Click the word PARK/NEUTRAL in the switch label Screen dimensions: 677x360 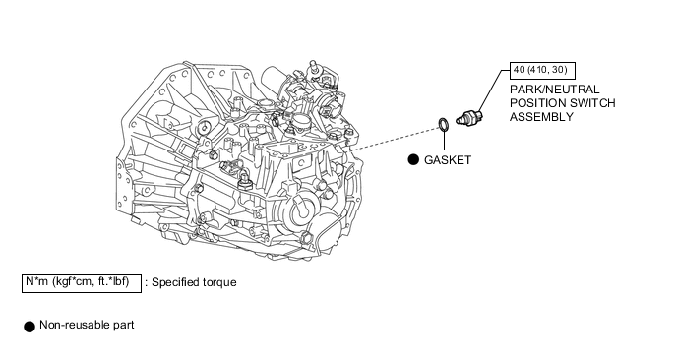tap(554, 90)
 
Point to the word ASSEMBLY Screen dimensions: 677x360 tap(541, 117)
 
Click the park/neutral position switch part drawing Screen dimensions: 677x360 tap(469, 117)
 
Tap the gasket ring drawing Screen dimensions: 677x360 tap(444, 124)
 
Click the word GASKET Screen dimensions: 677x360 tap(448, 160)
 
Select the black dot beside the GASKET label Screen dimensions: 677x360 tap(413, 159)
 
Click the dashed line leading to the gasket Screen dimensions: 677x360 tap(395, 138)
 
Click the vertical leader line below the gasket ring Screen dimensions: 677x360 tap(444, 140)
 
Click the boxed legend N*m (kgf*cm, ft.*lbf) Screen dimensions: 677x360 tap(82, 283)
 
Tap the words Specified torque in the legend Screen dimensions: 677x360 tap(194, 282)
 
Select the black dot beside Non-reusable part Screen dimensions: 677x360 tap(30, 327)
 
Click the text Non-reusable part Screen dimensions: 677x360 tap(87, 325)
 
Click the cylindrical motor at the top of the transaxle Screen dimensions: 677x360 tap(276, 79)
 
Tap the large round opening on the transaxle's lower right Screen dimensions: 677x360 tap(302, 210)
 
